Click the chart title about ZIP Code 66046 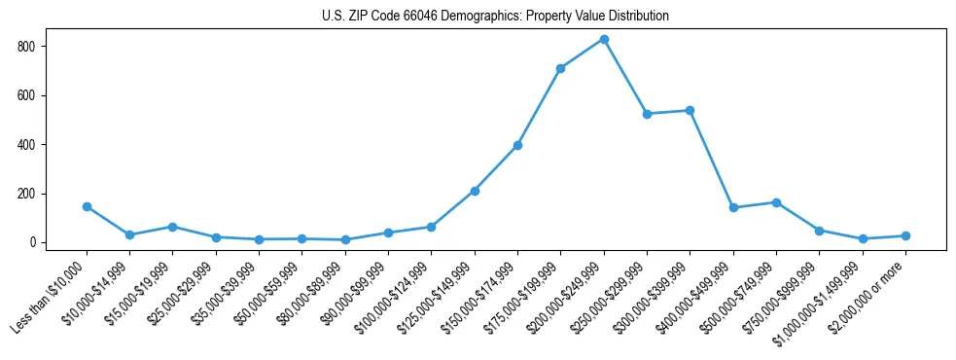pyautogui.click(x=495, y=17)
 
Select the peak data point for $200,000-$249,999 pyautogui.click(x=604, y=40)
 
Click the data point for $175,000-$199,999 pyautogui.click(x=560, y=69)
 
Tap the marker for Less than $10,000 pyautogui.click(x=87, y=206)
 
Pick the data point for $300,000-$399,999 pyautogui.click(x=690, y=111)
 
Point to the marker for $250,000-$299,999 pyautogui.click(x=647, y=114)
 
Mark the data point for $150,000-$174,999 pyautogui.click(x=517, y=145)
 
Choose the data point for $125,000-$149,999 pyautogui.click(x=475, y=191)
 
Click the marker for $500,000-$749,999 pyautogui.click(x=776, y=202)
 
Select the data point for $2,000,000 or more pyautogui.click(x=905, y=235)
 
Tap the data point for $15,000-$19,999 pyautogui.click(x=172, y=227)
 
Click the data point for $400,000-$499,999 pyautogui.click(x=733, y=207)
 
